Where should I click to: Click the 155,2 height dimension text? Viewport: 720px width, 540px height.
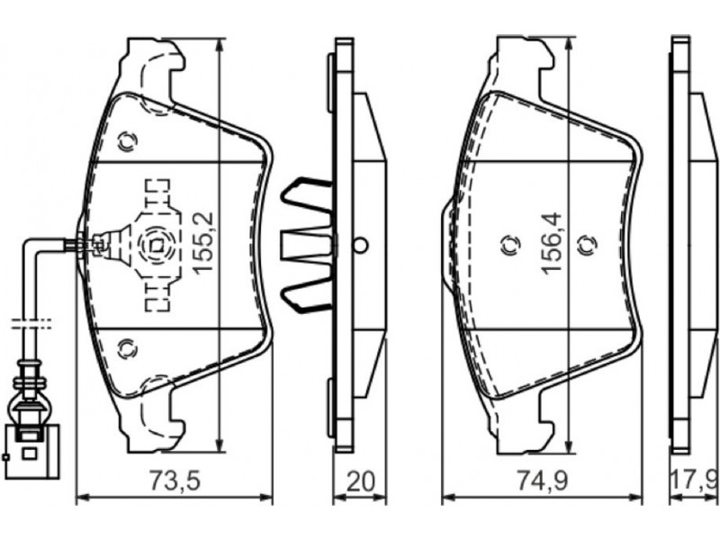coord(202,243)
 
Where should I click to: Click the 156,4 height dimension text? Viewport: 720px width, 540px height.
coord(552,243)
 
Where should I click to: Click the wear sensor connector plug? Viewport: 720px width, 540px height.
coord(32,448)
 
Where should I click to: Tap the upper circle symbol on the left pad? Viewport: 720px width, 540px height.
coord(127,142)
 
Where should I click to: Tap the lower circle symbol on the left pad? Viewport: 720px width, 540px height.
coord(127,349)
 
